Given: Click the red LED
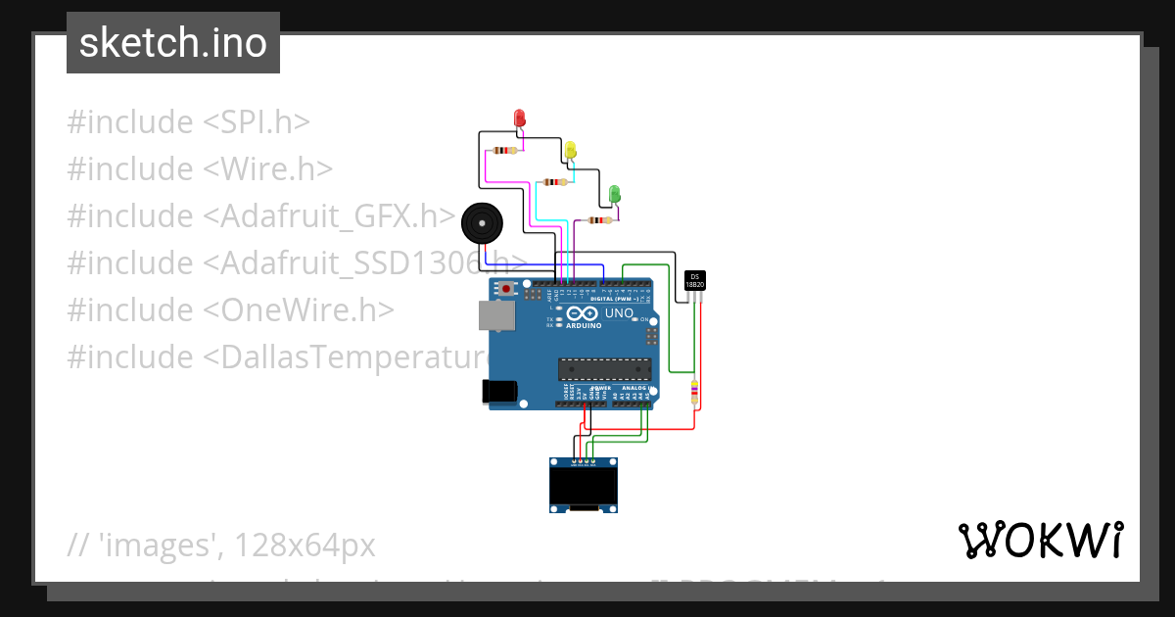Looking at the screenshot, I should (x=520, y=119).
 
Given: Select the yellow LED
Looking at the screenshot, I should (x=570, y=150).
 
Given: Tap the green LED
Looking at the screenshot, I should (x=614, y=193).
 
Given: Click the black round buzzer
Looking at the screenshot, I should (x=480, y=223).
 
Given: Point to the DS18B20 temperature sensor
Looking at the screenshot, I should (x=695, y=280).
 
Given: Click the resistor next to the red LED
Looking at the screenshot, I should (x=504, y=151).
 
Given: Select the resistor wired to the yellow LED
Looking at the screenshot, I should (x=554, y=182).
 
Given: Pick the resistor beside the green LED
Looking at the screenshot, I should (x=598, y=220).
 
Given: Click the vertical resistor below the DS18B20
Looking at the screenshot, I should (x=694, y=392).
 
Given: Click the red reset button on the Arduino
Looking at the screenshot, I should (x=506, y=289).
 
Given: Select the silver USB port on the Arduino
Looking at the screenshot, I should (x=495, y=315).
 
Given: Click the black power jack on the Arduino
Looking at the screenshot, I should (x=499, y=390).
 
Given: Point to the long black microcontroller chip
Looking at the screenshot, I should (x=604, y=368).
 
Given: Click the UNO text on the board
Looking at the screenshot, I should (x=619, y=313).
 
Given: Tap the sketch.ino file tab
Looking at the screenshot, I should (x=173, y=43).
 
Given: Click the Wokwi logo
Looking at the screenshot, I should (x=1039, y=541).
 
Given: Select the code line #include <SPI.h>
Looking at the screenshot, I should (x=189, y=122).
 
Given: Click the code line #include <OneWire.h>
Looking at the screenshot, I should (x=230, y=309).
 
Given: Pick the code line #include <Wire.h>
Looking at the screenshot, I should (x=200, y=169).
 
